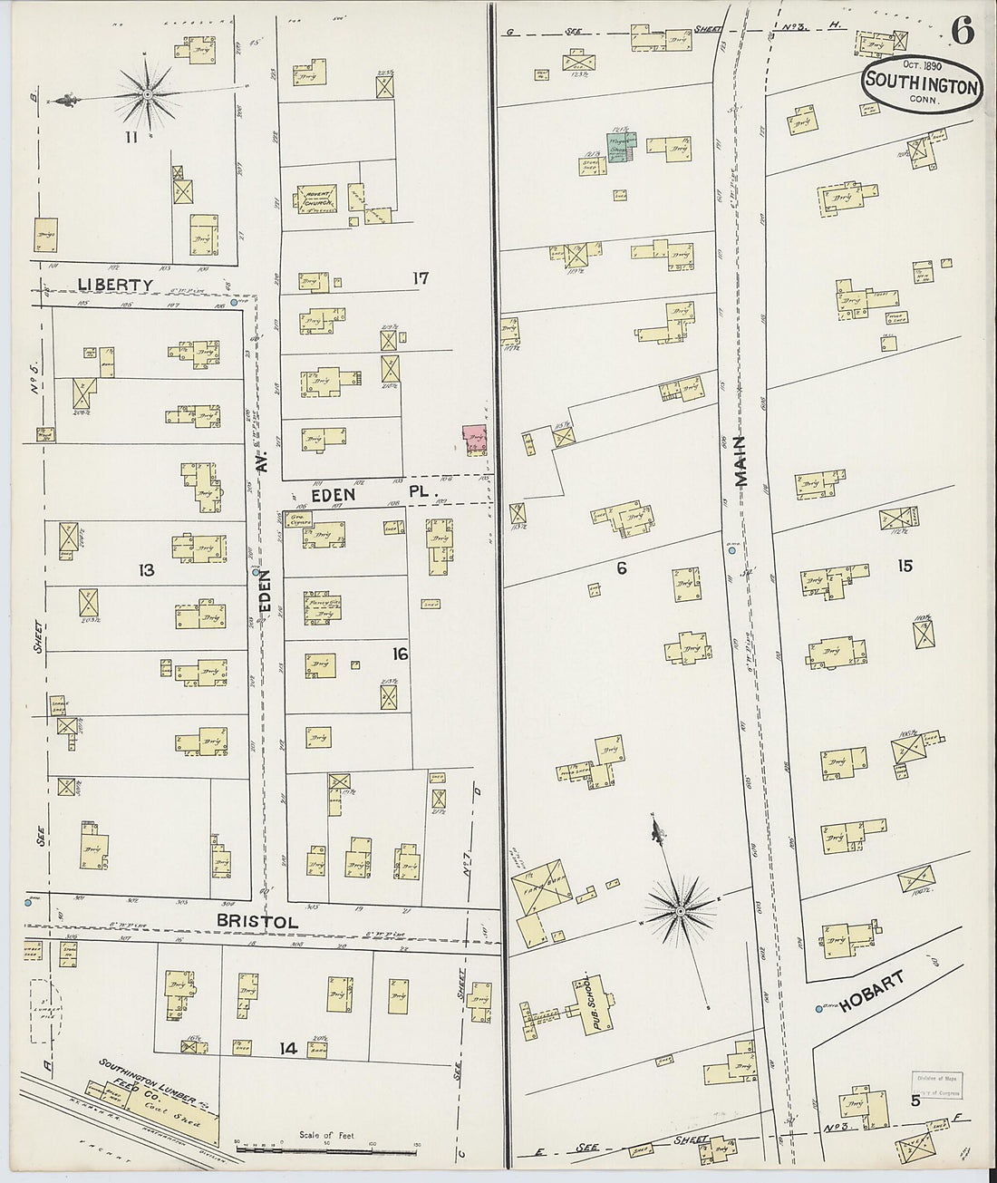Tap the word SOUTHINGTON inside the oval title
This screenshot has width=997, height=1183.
tap(921, 86)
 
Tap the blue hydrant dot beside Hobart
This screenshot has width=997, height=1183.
tap(818, 1009)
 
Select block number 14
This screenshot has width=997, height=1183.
tap(288, 1049)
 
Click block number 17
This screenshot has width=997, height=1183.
tap(419, 278)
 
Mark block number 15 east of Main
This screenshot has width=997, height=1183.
tap(904, 567)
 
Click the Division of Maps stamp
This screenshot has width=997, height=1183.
tap(937, 1084)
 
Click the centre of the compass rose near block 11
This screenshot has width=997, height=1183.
tap(147, 94)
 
